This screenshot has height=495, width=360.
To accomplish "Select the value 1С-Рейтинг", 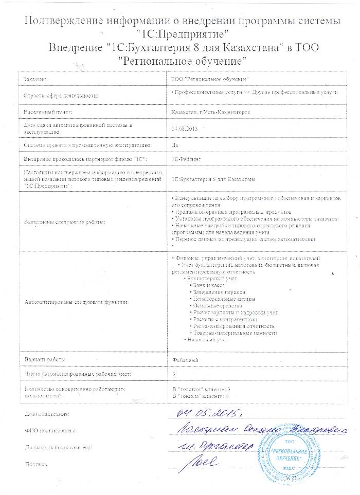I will point(187,160).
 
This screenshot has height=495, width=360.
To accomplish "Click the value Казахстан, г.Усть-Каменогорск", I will point(207,111).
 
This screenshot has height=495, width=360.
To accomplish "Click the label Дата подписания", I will point(47,414).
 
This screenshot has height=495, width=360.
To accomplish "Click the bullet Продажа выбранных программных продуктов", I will point(232,212).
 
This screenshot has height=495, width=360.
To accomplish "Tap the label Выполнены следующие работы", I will point(64,222).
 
